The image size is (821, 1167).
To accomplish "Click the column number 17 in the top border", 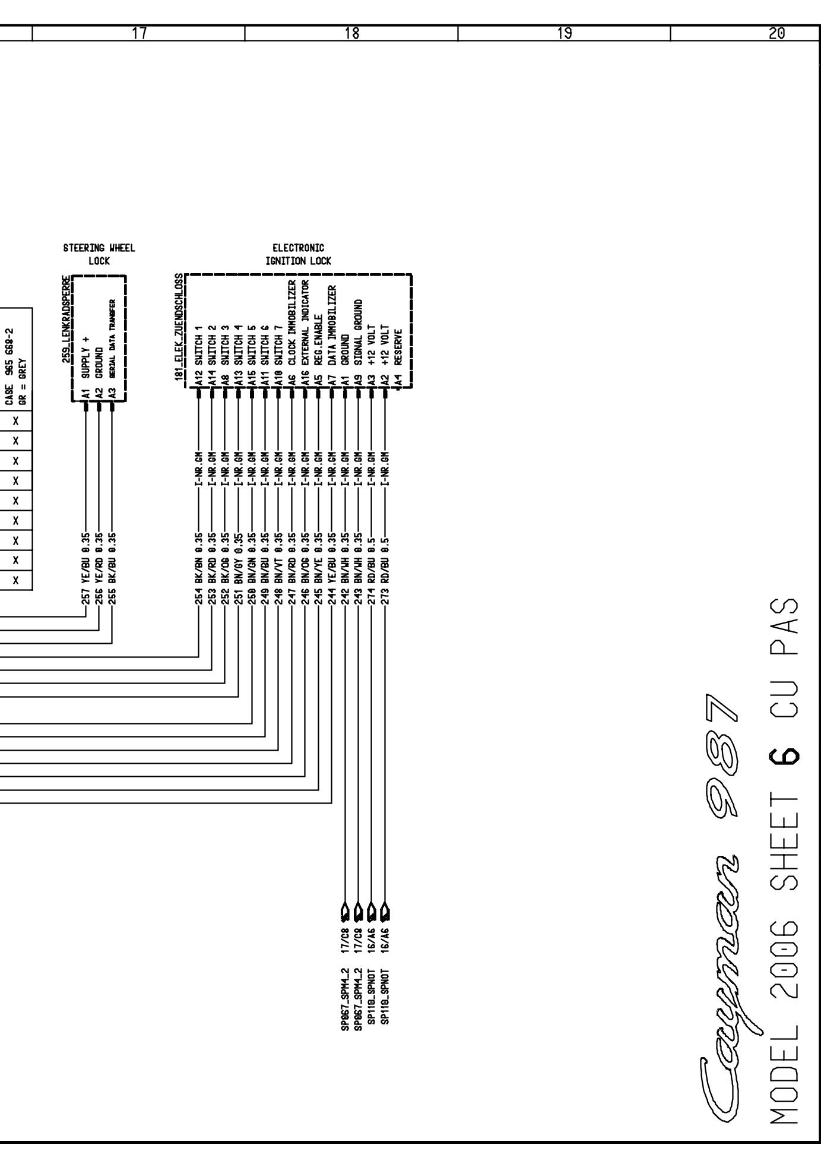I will [x=140, y=33].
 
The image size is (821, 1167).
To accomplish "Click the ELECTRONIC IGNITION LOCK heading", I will [x=299, y=254].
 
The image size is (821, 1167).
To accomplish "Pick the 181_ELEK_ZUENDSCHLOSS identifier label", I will [x=179, y=328].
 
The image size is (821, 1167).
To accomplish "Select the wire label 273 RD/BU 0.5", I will [x=385, y=567].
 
